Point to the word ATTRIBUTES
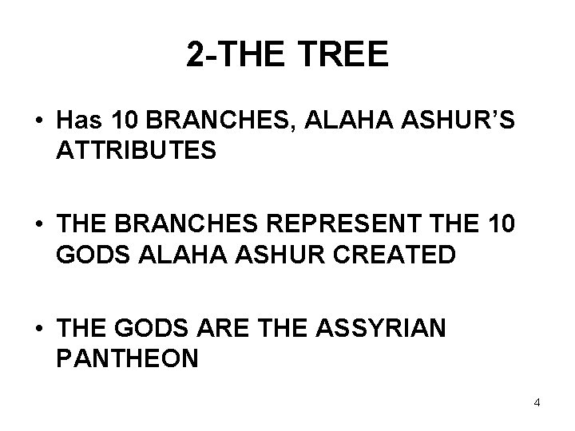[x=136, y=151]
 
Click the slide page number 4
[x=537, y=401]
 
